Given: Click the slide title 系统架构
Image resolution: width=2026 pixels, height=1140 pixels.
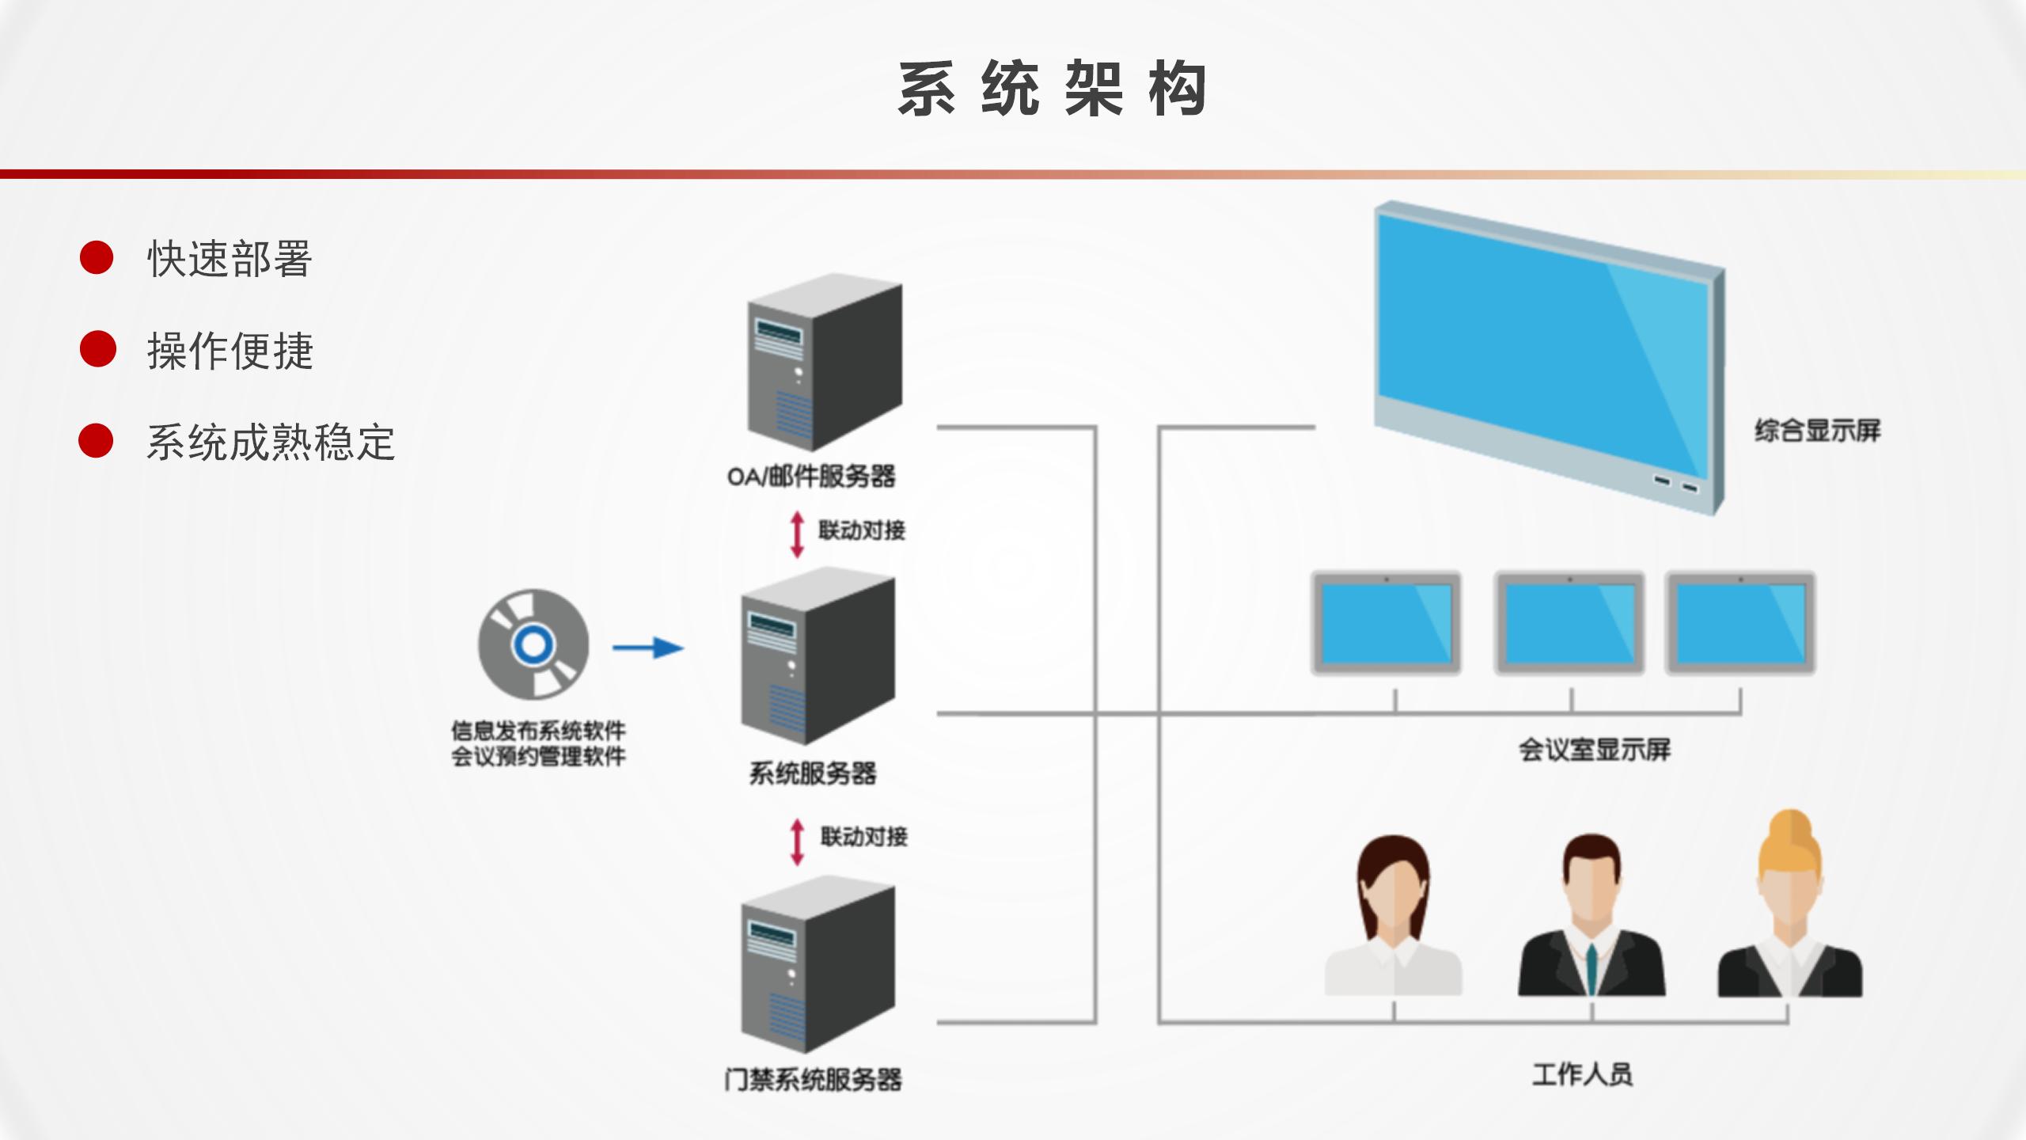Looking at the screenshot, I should pos(1052,89).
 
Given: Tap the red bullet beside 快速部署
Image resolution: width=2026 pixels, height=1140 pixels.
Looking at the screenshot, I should pos(97,258).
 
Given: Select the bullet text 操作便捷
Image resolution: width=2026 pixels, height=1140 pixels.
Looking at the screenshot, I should pos(230,351).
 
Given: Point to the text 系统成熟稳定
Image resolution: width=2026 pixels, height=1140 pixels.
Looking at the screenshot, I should pos(271,442).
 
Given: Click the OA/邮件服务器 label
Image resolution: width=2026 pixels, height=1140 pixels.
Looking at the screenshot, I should pos(811,477).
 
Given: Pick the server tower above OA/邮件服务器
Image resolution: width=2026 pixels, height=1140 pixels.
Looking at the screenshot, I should pos(825,362).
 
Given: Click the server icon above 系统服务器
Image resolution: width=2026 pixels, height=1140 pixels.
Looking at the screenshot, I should pos(818,656).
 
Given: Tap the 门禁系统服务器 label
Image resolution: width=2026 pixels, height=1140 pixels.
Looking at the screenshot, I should pos(813,1079).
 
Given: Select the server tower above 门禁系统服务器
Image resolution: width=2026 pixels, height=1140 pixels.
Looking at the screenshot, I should pos(818,965).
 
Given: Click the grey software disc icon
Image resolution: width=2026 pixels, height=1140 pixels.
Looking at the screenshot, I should pos(533,644).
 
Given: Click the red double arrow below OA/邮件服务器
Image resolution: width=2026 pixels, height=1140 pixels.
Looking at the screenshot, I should pos(797,534).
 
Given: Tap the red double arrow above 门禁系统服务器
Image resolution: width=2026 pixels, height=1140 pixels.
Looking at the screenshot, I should pos(797,841).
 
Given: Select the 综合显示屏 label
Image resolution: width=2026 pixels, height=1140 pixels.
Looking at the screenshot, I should pos(1817,431).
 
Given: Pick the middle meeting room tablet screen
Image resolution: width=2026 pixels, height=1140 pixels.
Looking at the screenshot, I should pos(1569,623).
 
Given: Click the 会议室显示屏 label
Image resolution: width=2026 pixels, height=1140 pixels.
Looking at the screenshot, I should pos(1595,749).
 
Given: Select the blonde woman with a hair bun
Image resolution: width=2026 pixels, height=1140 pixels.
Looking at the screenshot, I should pos(1790,906).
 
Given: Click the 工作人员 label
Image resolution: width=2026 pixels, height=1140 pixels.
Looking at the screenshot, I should pos(1582,1074).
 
